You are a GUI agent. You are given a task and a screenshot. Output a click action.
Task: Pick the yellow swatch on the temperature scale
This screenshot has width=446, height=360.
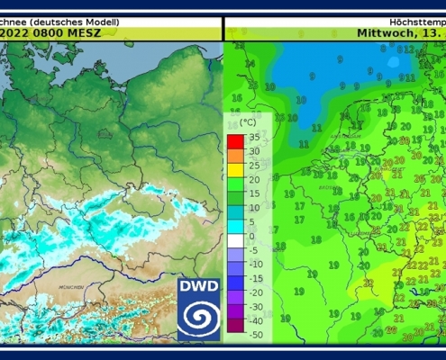click(x=234, y=166)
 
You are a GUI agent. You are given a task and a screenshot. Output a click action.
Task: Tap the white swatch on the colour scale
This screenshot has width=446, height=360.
click(x=234, y=237)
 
